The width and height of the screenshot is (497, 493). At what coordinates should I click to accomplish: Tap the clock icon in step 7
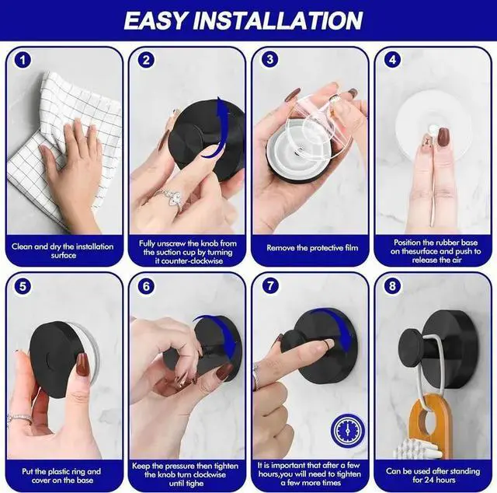(x=347, y=430)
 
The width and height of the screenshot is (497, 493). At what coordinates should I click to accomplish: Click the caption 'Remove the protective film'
(x=312, y=248)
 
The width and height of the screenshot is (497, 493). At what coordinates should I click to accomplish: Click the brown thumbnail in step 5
(x=82, y=364)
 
